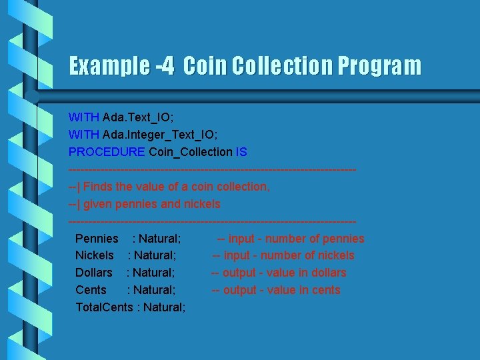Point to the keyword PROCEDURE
pyautogui.click(x=107, y=152)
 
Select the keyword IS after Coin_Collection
pyautogui.click(x=241, y=152)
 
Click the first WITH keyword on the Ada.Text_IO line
pyautogui.click(x=84, y=117)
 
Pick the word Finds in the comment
pyautogui.click(x=98, y=187)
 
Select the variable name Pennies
pyautogui.click(x=97, y=239)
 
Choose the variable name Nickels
pyautogui.click(x=95, y=255)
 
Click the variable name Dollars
pyautogui.click(x=94, y=273)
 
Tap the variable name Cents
pyautogui.click(x=91, y=290)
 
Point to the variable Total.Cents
pyautogui.click(x=104, y=307)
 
